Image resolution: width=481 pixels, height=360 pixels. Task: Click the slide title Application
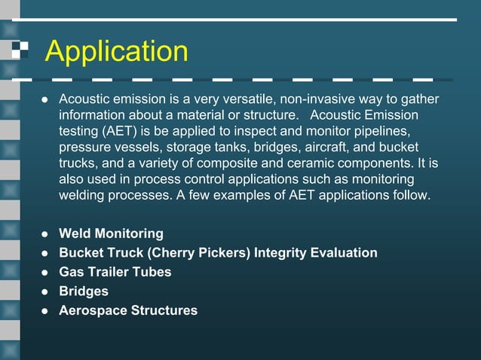click(116, 51)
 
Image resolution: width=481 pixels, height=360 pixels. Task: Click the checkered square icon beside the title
click(20, 50)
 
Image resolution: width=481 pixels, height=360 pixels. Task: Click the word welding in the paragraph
click(84, 196)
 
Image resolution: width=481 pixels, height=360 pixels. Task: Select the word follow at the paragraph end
click(411, 196)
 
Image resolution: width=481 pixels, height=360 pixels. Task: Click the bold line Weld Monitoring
click(111, 233)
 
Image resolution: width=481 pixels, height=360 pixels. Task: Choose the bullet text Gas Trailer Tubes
click(115, 272)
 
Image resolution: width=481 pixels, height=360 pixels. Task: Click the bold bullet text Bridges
click(84, 291)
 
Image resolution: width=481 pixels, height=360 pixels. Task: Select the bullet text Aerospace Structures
click(128, 310)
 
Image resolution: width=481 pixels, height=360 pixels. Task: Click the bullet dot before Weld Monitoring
click(44, 233)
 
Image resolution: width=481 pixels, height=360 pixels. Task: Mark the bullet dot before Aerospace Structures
click(44, 310)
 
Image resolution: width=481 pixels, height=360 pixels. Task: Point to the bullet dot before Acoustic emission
click(44, 100)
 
